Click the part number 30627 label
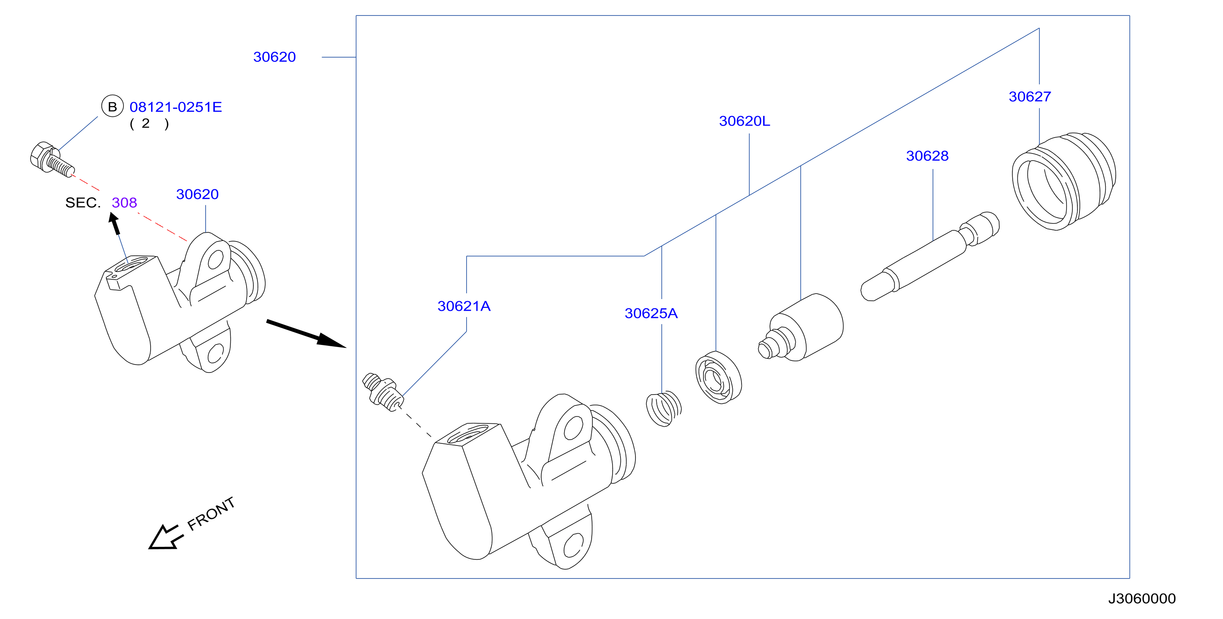click(x=1030, y=97)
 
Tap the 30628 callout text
click(x=927, y=156)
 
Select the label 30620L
click(x=744, y=121)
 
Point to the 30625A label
click(x=651, y=313)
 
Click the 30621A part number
click(x=464, y=306)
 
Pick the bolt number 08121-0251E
click(x=176, y=107)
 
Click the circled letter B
click(x=113, y=106)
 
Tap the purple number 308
click(x=124, y=203)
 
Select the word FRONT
click(x=211, y=513)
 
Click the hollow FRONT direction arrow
click(x=165, y=538)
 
